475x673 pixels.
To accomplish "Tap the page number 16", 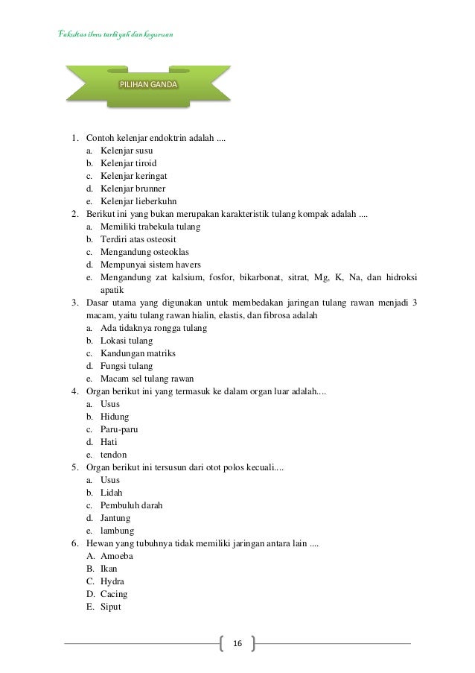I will point(238,643).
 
